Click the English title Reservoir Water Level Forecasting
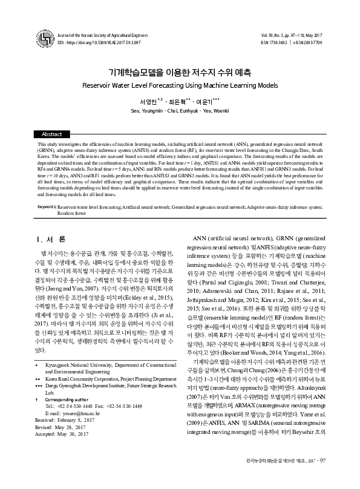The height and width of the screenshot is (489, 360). coord(180,86)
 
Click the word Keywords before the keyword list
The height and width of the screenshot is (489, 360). coord(45,206)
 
